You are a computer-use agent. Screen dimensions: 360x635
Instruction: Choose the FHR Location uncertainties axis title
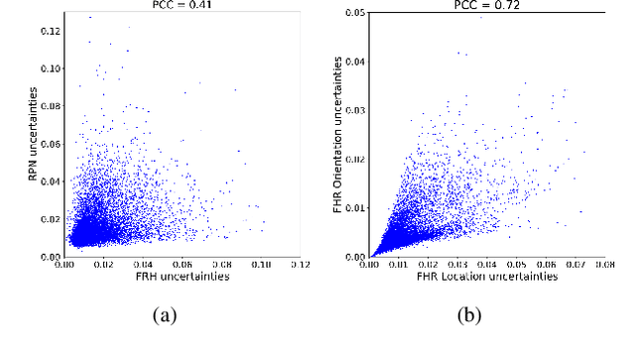tap(486, 278)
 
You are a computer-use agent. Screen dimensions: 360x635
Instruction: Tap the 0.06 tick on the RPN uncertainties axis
tap(48, 143)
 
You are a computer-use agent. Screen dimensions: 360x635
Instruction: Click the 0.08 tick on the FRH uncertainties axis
tap(221, 266)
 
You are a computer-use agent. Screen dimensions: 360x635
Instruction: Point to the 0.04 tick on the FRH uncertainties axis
tap(143, 266)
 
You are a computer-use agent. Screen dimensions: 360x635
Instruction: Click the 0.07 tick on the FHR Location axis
tap(575, 266)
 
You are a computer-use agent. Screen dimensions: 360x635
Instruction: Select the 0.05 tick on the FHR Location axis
tap(516, 266)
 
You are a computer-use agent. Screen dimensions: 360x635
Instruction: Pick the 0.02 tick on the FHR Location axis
tap(428, 266)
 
